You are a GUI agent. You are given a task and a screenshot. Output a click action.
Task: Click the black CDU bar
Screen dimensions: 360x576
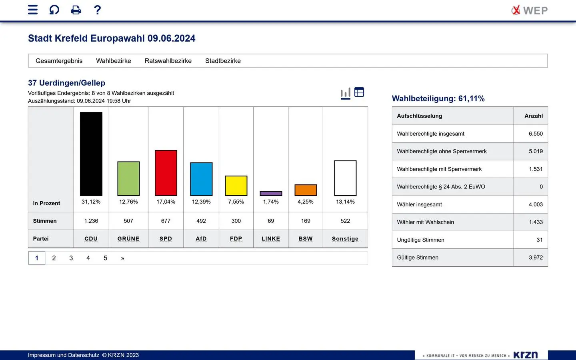coord(91,154)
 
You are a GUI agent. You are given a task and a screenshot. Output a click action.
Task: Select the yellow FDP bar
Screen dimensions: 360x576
coord(236,186)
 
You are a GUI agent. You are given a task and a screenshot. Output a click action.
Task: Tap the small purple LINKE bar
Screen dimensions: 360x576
coord(271,194)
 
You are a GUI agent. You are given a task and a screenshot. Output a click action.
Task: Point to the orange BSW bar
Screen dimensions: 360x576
coord(306,190)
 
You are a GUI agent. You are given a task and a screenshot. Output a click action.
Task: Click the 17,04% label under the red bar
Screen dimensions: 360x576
coord(166,202)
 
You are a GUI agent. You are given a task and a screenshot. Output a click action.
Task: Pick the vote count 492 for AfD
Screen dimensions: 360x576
coord(201,221)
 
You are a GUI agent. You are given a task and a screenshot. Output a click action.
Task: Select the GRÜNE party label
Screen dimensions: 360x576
coord(128,239)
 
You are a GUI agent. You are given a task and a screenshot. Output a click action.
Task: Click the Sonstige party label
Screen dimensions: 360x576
coord(345,239)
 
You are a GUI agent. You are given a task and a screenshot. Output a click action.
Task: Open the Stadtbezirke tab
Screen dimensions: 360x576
coord(223,61)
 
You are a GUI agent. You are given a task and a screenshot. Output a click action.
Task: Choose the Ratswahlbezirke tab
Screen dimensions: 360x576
coord(168,61)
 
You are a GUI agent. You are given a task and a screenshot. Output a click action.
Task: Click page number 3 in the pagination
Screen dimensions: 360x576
coord(71,258)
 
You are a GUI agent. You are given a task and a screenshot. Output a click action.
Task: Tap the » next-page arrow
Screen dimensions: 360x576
coord(122,258)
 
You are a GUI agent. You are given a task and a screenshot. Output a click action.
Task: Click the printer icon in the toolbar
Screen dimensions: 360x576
coord(76,10)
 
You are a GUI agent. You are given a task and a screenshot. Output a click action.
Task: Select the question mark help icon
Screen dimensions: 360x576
coord(97,10)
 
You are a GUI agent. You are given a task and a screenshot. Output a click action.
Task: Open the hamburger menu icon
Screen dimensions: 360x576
coord(33,10)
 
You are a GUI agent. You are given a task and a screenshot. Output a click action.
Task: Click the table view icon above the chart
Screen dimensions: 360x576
coord(359,92)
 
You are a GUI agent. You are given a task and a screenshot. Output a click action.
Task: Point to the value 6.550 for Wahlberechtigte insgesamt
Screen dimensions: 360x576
coord(536,134)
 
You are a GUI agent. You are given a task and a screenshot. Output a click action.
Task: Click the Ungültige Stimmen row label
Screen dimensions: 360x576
coord(420,240)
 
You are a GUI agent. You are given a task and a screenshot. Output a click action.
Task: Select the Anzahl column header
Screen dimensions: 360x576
coord(534,116)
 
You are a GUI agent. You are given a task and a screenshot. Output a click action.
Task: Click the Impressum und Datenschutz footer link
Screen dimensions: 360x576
coord(64,355)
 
